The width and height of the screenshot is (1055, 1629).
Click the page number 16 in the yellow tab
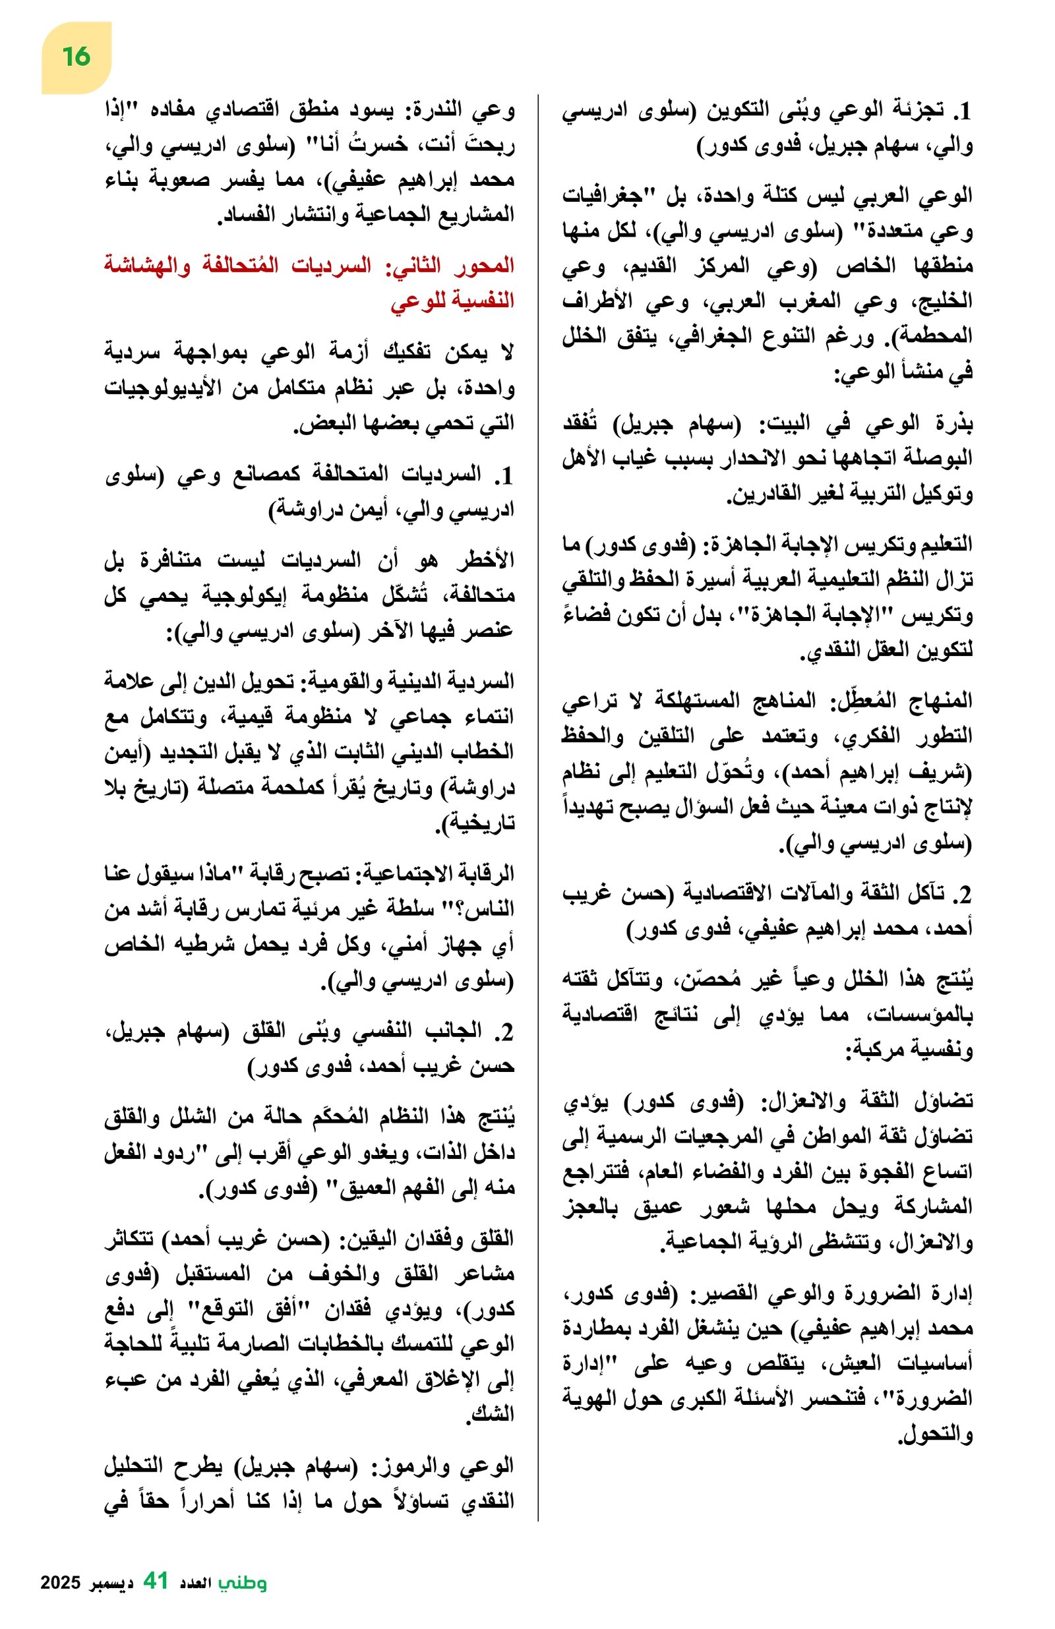point(75,56)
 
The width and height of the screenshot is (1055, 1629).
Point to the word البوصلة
point(934,458)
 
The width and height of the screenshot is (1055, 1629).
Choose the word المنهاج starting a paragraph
point(938,700)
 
